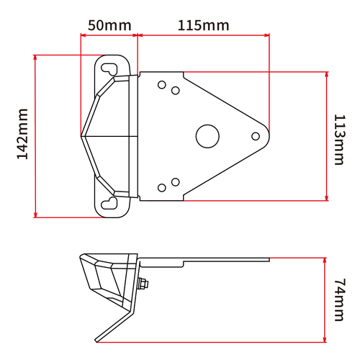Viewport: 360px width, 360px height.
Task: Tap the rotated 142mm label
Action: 21,135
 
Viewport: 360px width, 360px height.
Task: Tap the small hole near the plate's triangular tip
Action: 254,135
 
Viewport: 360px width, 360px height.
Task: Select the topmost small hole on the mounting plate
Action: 162,83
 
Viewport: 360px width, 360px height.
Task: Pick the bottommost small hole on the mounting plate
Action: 162,188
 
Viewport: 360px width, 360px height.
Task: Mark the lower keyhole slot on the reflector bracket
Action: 109,202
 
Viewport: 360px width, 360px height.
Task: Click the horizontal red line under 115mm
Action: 203,34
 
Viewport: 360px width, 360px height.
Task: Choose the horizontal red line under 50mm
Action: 108,34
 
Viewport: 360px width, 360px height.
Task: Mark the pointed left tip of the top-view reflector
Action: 82,135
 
